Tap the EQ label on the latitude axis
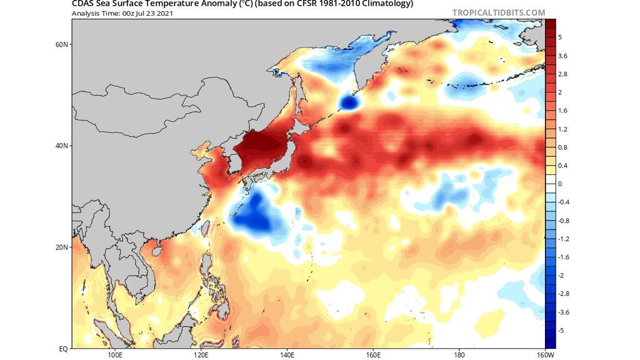click(63, 348)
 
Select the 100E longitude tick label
click(114, 355)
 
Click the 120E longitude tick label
click(201, 355)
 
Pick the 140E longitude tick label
click(287, 355)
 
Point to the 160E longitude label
click(373, 355)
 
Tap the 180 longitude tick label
click(459, 355)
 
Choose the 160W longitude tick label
click(546, 355)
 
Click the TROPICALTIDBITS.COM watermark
click(498, 12)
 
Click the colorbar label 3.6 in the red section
click(563, 56)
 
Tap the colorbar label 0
click(560, 184)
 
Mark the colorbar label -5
click(561, 329)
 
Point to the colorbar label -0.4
click(564, 202)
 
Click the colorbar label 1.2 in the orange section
click(563, 129)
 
